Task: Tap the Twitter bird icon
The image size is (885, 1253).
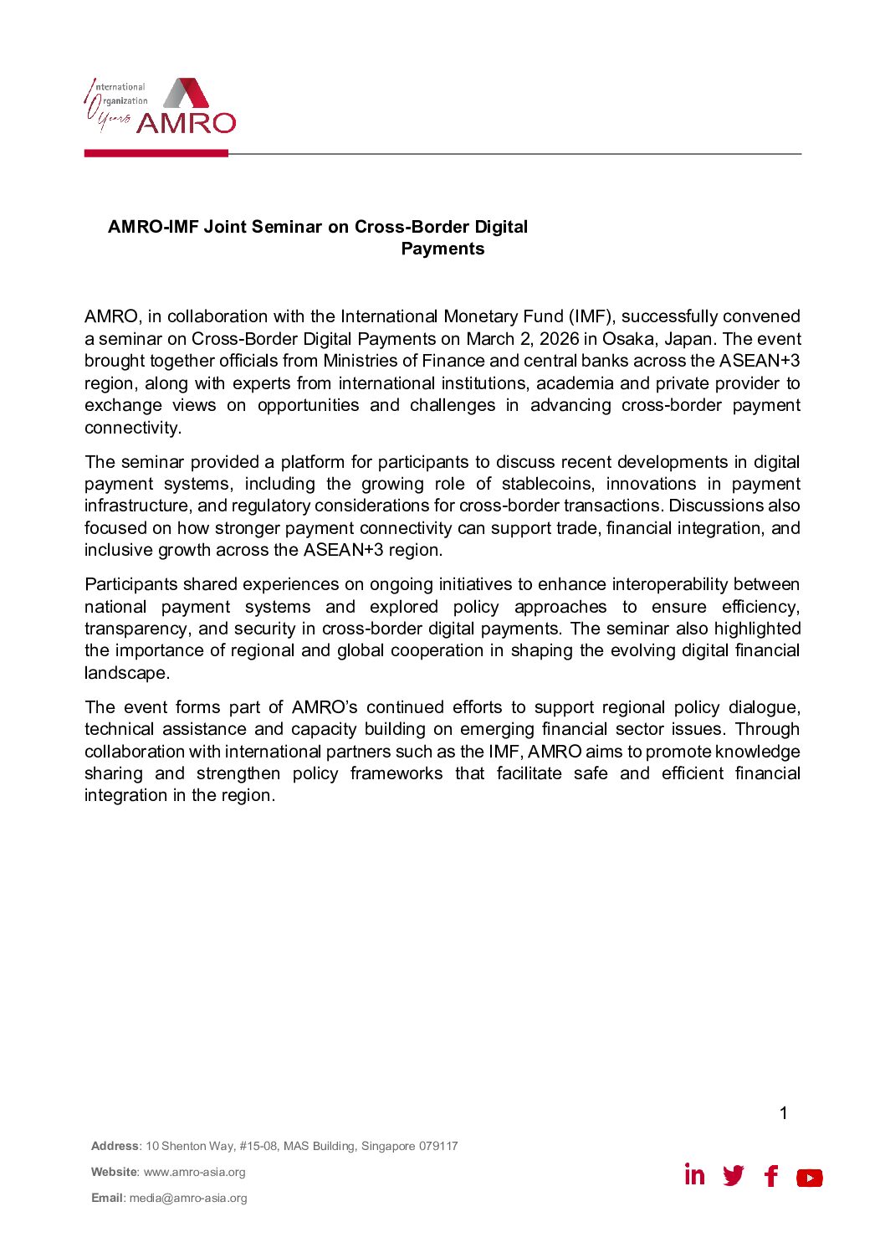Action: pyautogui.click(x=734, y=1176)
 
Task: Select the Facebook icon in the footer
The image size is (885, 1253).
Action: pyautogui.click(x=771, y=1176)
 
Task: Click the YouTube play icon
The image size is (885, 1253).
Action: pyautogui.click(x=809, y=1178)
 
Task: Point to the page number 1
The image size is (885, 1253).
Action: pyautogui.click(x=784, y=1113)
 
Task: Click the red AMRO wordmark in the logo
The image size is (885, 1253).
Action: pyautogui.click(x=186, y=123)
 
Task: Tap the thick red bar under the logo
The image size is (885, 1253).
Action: pyautogui.click(x=156, y=153)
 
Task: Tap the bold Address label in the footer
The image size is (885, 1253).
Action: pyautogui.click(x=115, y=1146)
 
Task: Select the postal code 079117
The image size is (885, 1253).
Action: pyautogui.click(x=438, y=1146)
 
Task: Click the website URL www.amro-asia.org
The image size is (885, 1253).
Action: pyautogui.click(x=195, y=1172)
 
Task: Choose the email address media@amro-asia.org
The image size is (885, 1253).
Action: pyautogui.click(x=188, y=1198)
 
